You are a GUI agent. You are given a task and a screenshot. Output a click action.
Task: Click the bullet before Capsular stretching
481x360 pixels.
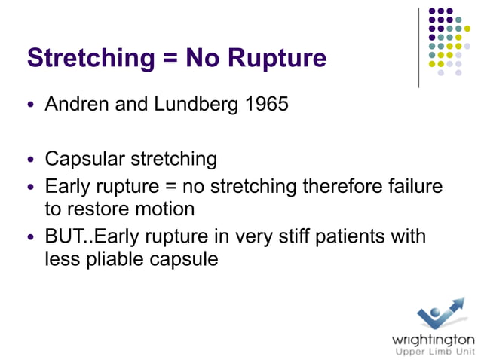coord(31,160)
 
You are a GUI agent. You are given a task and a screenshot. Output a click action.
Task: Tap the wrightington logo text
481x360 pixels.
coord(433,338)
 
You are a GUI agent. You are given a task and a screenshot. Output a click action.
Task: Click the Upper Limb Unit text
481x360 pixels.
coord(433,352)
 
